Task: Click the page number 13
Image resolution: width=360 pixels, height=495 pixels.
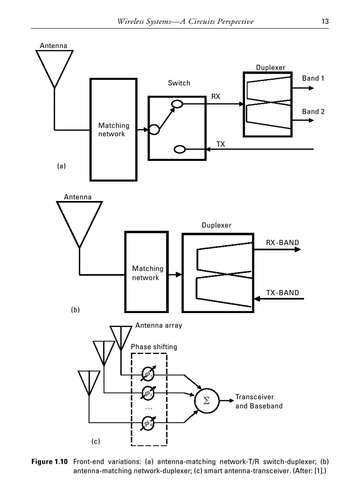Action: click(x=325, y=22)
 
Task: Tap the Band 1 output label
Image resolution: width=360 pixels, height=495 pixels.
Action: click(x=313, y=78)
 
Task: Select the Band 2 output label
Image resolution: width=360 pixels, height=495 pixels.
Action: click(x=313, y=112)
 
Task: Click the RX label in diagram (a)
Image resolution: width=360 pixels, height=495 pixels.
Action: click(x=216, y=97)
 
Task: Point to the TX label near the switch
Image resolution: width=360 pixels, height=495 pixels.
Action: click(x=221, y=144)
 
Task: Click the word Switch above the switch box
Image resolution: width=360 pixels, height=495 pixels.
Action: click(x=179, y=83)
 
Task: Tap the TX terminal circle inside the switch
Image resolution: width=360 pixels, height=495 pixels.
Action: click(x=180, y=149)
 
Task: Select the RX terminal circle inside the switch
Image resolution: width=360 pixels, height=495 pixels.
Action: click(x=176, y=104)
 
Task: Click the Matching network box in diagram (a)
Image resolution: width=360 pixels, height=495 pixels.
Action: click(x=113, y=130)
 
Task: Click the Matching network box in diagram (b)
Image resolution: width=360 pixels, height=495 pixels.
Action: click(x=147, y=273)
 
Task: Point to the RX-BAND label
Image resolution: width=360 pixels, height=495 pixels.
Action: click(x=282, y=242)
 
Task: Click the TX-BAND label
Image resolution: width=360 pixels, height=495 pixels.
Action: click(x=282, y=293)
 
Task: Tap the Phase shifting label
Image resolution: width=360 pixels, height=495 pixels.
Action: click(x=154, y=347)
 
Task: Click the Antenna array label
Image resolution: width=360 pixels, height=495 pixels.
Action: click(x=158, y=326)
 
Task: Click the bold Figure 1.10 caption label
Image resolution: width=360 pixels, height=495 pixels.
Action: click(x=49, y=462)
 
